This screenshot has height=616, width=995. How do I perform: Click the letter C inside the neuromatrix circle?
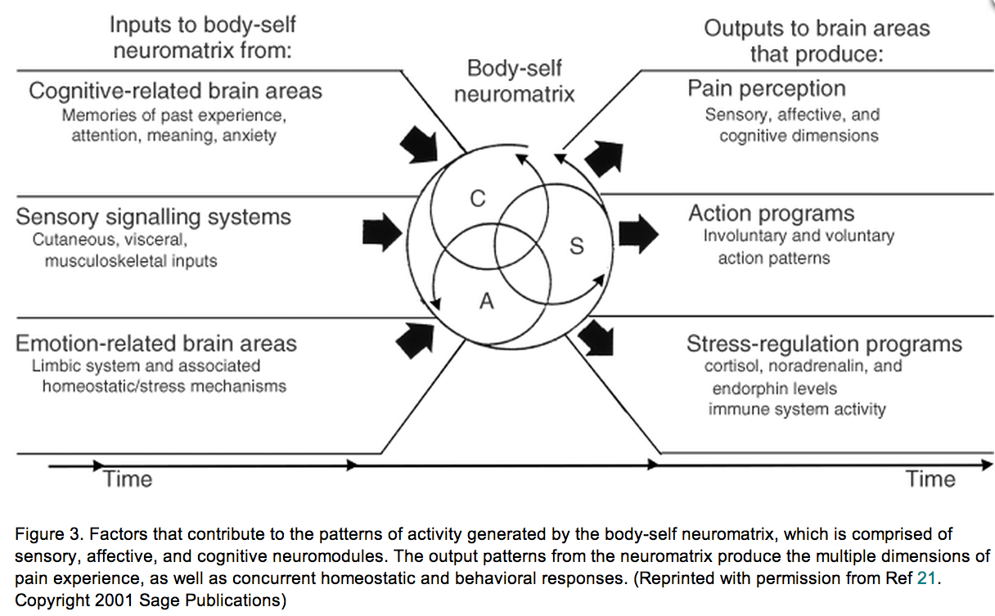478,198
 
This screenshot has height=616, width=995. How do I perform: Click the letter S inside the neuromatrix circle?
577,245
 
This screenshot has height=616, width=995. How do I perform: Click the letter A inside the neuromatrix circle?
487,302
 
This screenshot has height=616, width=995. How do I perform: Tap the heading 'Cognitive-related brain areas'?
175,91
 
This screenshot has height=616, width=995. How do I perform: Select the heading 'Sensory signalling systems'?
153,217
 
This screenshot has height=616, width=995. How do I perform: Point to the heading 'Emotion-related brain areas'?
156,343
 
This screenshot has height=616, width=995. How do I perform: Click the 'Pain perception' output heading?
767,88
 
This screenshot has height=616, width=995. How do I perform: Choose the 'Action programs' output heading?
771,214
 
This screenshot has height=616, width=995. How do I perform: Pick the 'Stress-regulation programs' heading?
824,344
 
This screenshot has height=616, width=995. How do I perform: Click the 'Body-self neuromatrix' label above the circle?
514,81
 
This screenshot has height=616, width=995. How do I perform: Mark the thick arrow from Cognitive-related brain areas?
420,143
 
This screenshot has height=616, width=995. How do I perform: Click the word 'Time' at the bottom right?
930,479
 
